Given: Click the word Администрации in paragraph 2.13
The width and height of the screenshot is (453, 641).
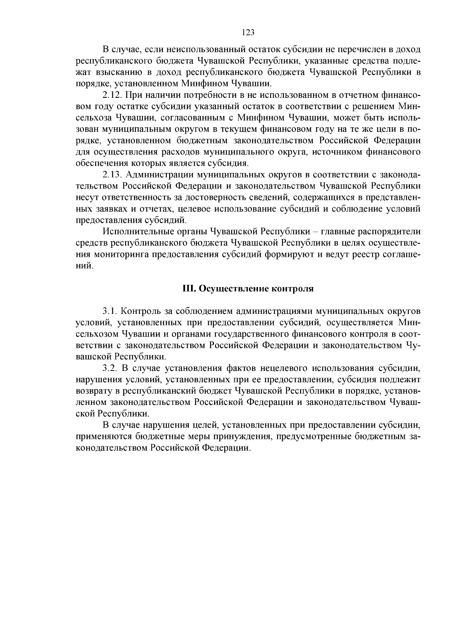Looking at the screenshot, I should [156, 175].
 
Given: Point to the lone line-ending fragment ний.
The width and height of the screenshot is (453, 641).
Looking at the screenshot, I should [84, 266].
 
